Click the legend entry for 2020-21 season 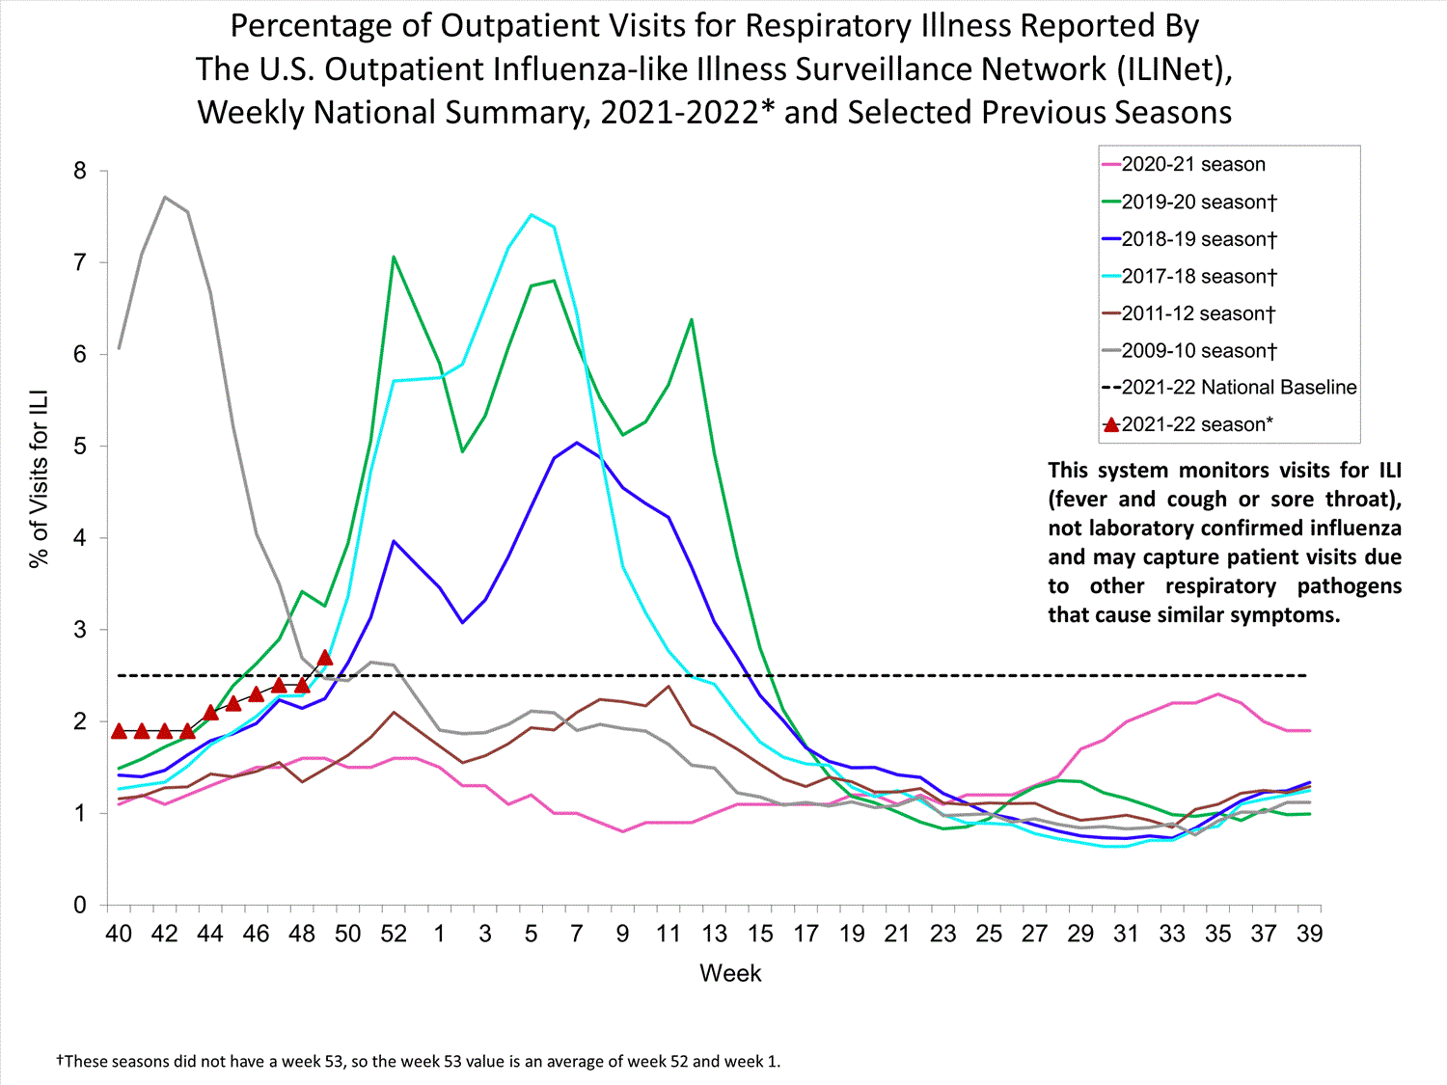pyautogui.click(x=1192, y=165)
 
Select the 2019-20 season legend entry pyautogui.click(x=1198, y=203)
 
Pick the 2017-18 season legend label pyautogui.click(x=1198, y=277)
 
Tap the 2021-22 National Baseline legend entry pyautogui.click(x=1239, y=388)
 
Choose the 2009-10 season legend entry pyautogui.click(x=1198, y=351)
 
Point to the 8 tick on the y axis pyautogui.click(x=80, y=172)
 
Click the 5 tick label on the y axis pyautogui.click(x=80, y=447)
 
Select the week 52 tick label pyautogui.click(x=394, y=934)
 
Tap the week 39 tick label pyautogui.click(x=1309, y=934)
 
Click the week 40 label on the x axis pyautogui.click(x=119, y=934)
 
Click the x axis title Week pyautogui.click(x=730, y=973)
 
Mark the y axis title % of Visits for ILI pyautogui.click(x=40, y=479)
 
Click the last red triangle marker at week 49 pyautogui.click(x=325, y=658)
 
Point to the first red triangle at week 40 pyautogui.click(x=119, y=731)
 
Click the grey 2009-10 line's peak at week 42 pyautogui.click(x=165, y=197)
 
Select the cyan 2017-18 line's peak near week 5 pyautogui.click(x=531, y=214)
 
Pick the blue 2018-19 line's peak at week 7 pyautogui.click(x=577, y=443)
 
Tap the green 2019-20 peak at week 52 pyautogui.click(x=394, y=257)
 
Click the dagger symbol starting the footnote pyautogui.click(x=60, y=1061)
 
